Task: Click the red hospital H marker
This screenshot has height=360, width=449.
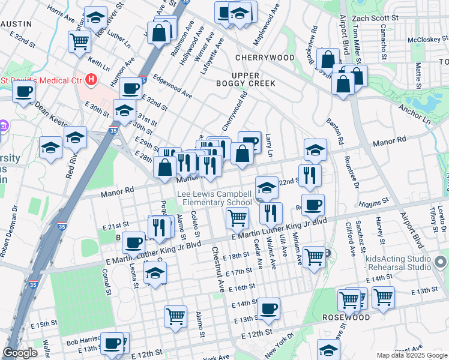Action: (91, 79)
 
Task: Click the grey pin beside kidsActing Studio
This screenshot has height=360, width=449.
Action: (441, 262)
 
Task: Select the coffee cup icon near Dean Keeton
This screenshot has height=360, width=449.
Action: (24, 92)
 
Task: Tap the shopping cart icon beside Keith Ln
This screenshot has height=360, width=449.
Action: (79, 41)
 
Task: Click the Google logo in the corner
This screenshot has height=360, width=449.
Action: (20, 353)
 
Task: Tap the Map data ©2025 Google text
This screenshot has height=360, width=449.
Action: (412, 355)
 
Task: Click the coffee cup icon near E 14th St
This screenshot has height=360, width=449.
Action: (269, 308)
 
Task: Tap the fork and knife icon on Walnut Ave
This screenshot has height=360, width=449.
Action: (271, 212)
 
